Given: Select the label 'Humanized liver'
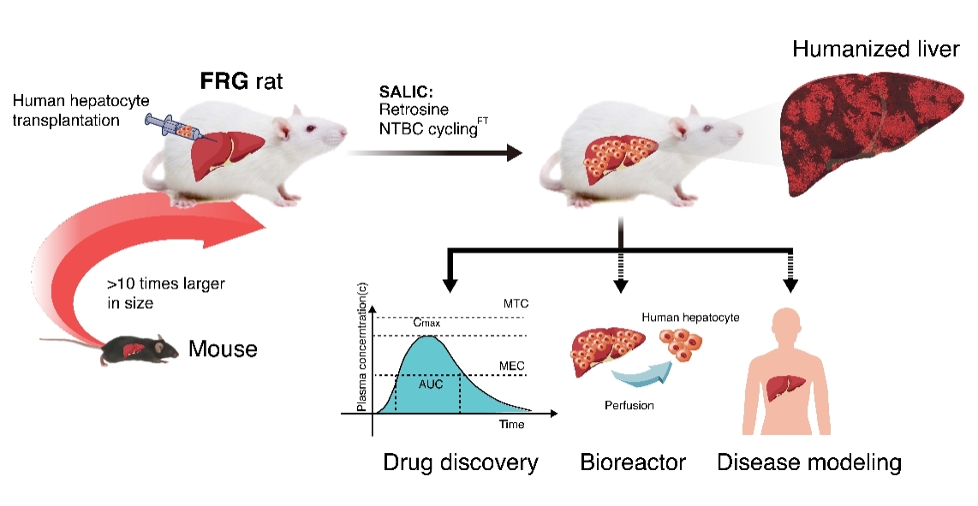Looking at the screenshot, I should tap(875, 49).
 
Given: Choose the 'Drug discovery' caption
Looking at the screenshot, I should tap(462, 463).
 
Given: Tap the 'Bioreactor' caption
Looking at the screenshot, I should tap(633, 463).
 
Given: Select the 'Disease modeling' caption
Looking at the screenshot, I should tap(809, 463).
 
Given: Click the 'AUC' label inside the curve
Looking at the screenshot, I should tap(430, 384).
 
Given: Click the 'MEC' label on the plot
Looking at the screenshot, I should tap(511, 366).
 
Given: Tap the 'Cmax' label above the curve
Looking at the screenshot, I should tap(426, 324).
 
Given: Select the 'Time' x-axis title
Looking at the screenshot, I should tap(511, 424).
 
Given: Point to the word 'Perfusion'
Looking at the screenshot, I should tap(629, 405).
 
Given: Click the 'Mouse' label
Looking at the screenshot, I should tap(223, 349).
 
